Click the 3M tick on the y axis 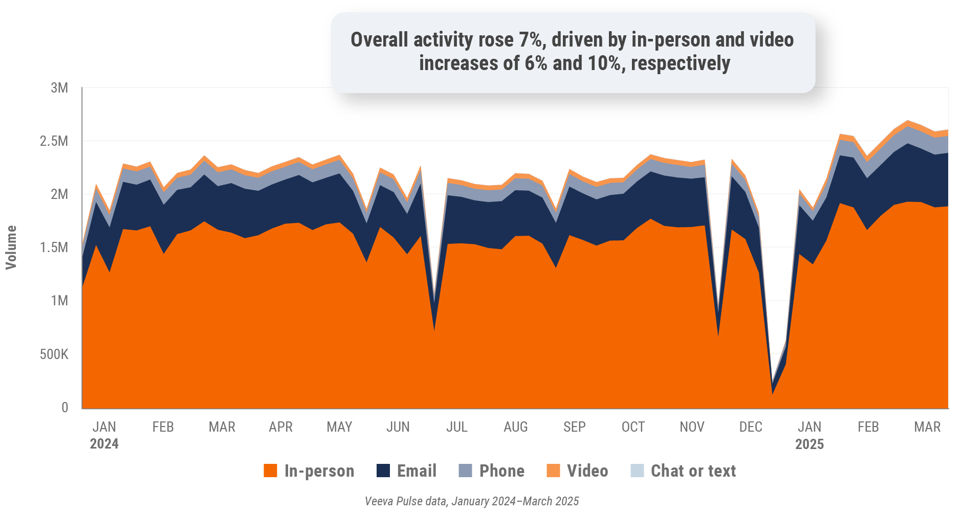pos(59,88)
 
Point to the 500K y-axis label pos(54,354)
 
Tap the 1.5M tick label pos(54,248)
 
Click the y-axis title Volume pos(11,248)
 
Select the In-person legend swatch pos(270,471)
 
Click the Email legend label pos(417,471)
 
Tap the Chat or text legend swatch pos(637,471)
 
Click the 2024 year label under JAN pos(104,443)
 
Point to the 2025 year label pos(809,443)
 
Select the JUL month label pos(456,427)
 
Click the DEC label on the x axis pos(750,427)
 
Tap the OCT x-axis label pos(633,427)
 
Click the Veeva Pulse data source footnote pos(471,501)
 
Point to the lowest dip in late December pos(772,393)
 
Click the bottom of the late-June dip pos(434,330)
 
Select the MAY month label pos(339,427)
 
